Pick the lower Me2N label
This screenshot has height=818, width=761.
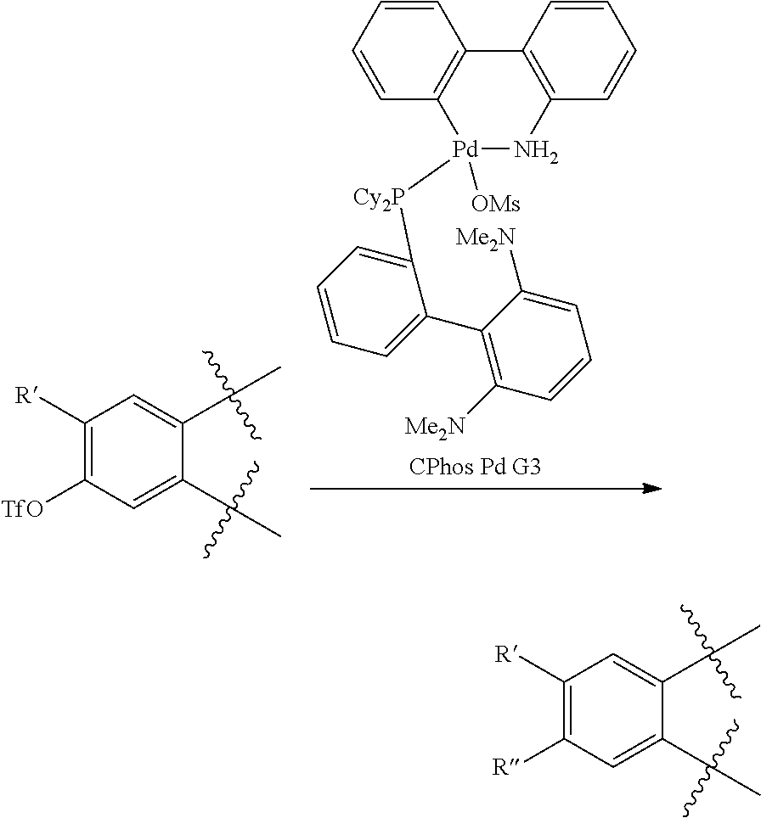(x=434, y=426)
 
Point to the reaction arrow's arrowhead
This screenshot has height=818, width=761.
(x=651, y=489)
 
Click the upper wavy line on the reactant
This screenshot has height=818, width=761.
(x=229, y=395)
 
